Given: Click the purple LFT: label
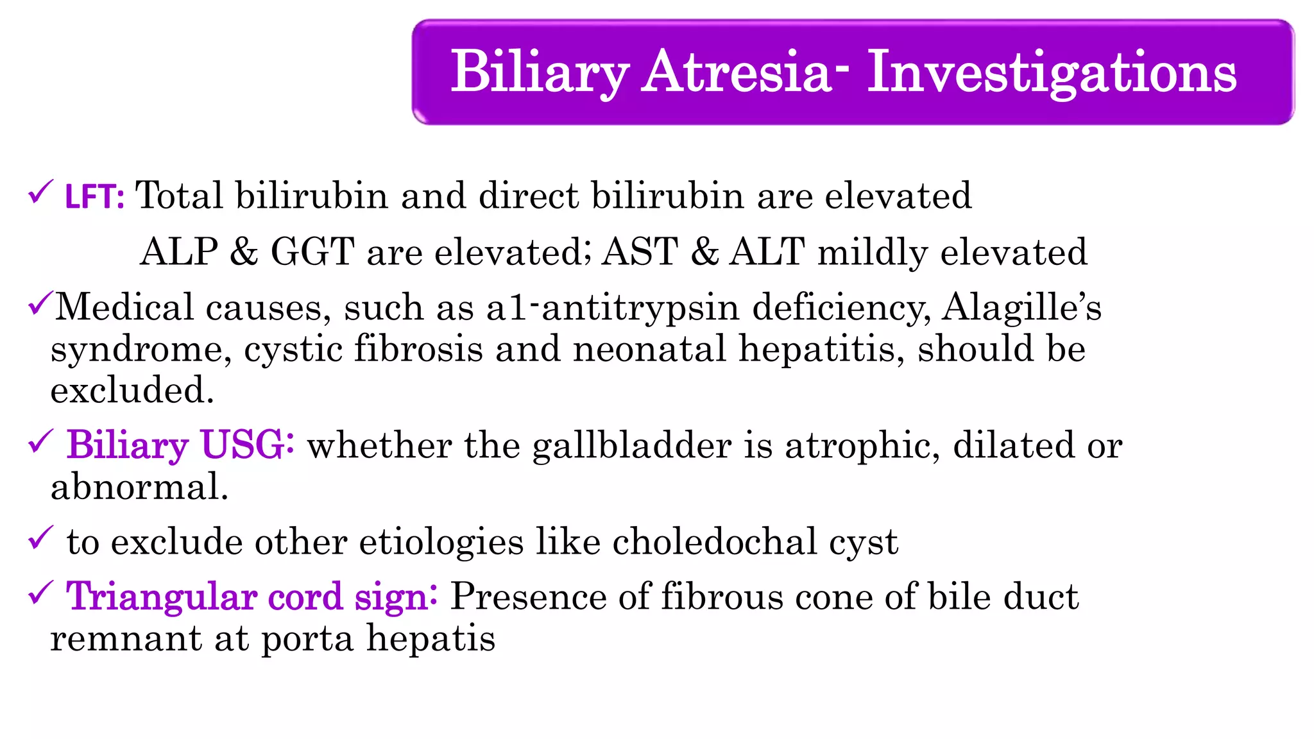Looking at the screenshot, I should (94, 196).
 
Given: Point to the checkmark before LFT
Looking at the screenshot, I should (40, 192).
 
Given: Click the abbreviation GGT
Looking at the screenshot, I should (312, 251).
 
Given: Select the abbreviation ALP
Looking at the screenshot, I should (179, 251).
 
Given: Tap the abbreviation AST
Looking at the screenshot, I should (640, 251).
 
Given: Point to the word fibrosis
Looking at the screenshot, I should (418, 349).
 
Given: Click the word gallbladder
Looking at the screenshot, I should (631, 446).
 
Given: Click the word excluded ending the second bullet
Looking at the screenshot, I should (132, 391).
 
